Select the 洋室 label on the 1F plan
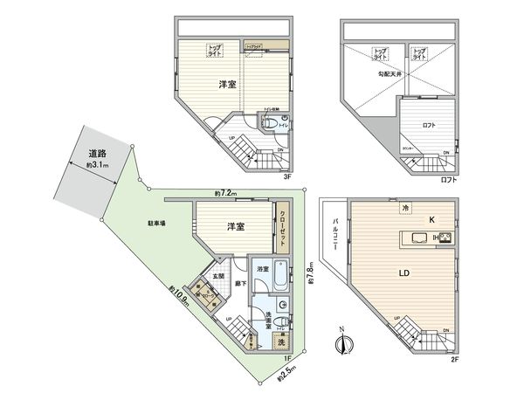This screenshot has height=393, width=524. pyautogui.click(x=235, y=227)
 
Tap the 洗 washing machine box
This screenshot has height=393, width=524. pyautogui.click(x=281, y=341)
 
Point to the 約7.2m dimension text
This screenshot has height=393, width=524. pyautogui.click(x=226, y=193)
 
